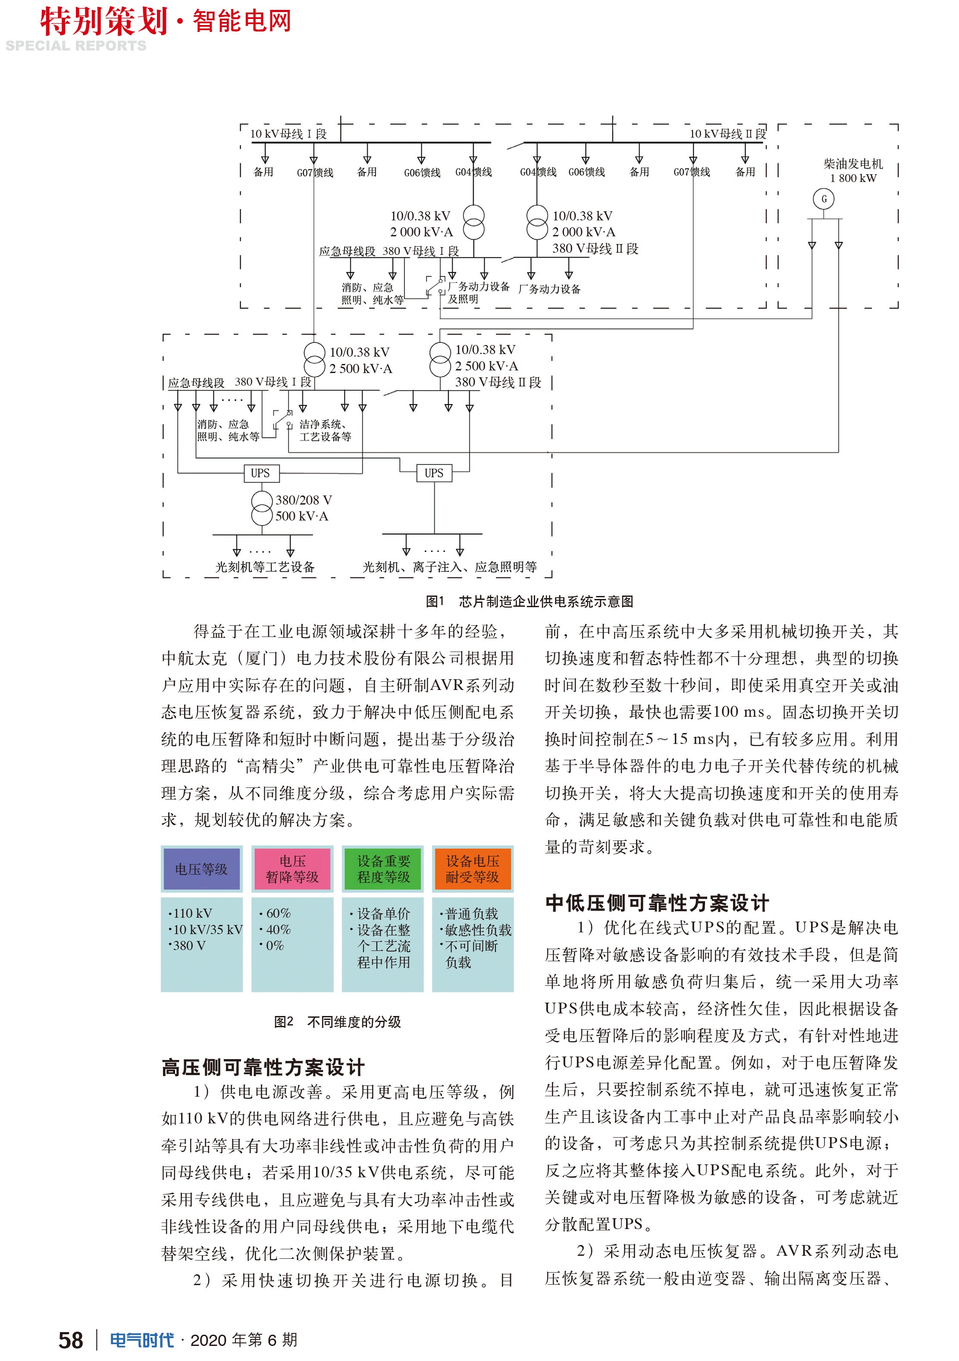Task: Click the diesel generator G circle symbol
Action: [x=823, y=198]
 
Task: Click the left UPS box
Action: [x=261, y=473]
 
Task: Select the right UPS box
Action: [x=434, y=473]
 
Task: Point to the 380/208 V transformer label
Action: [x=302, y=508]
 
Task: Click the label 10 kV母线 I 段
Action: [x=288, y=134]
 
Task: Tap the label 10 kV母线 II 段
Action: [x=727, y=134]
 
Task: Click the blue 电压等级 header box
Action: [x=201, y=869]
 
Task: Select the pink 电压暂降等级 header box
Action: [x=292, y=869]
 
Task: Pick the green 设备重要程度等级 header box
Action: [x=383, y=869]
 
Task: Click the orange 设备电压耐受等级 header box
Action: [x=473, y=869]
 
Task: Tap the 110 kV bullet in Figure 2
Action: [x=191, y=913]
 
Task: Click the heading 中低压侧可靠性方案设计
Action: [x=657, y=903]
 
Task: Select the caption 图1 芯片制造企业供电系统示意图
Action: [x=529, y=602]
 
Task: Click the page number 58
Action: [x=71, y=1340]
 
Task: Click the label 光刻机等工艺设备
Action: [x=265, y=567]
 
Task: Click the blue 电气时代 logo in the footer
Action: [x=142, y=1340]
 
